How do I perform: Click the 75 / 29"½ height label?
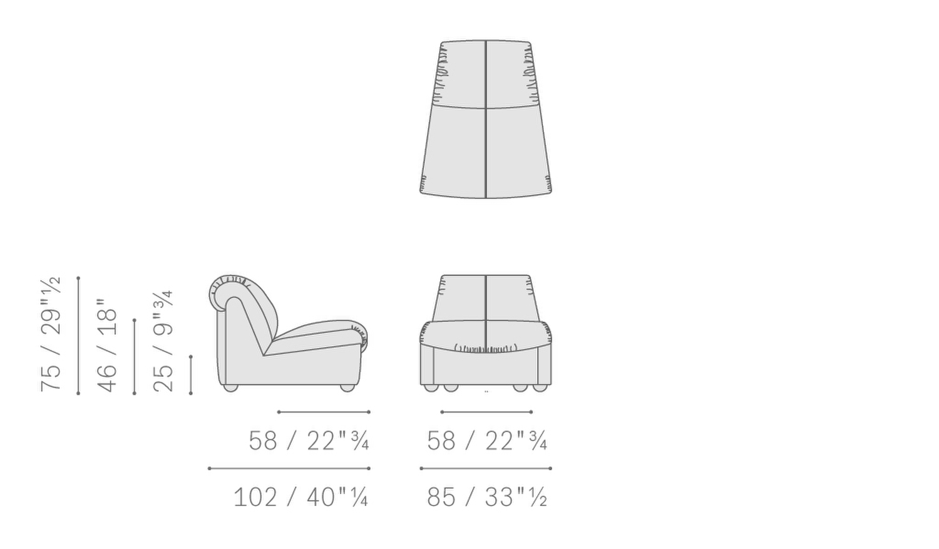[x=50, y=335]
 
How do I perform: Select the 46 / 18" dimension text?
[x=106, y=346]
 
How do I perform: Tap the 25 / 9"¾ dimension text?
[x=163, y=342]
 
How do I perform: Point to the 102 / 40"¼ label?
[x=300, y=497]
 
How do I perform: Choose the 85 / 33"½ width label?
[x=486, y=497]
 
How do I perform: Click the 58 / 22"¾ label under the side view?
[x=308, y=441]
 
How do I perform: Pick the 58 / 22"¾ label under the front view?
[x=486, y=441]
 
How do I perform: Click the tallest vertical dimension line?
[x=78, y=335]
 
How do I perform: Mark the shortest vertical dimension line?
[x=191, y=375]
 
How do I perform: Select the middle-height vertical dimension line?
[x=135, y=357]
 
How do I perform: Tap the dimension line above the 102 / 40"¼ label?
[x=289, y=468]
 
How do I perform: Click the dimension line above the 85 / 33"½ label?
[x=486, y=468]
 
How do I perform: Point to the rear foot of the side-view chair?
[x=230, y=388]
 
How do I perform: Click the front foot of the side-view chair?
[x=347, y=388]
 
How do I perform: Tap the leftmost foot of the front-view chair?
[x=430, y=388]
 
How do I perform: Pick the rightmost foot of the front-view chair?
[x=540, y=388]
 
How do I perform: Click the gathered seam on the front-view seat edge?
[x=486, y=348]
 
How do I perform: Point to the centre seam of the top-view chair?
[x=486, y=119]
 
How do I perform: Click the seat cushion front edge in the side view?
[x=361, y=338]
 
